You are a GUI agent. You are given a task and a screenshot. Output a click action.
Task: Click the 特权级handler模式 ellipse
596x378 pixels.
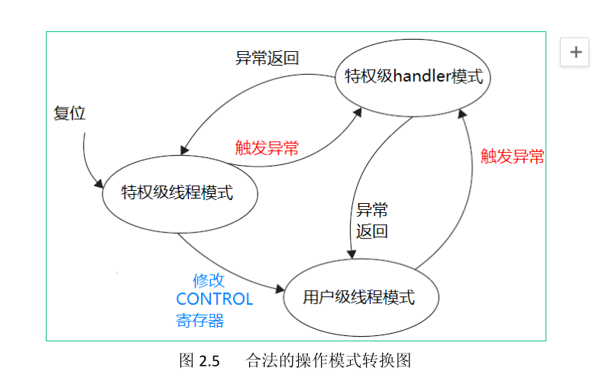coord(413,77)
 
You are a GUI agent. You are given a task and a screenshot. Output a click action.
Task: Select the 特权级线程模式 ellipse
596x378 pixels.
coord(178,192)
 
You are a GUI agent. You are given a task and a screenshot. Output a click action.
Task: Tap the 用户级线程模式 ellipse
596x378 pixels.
coord(361,298)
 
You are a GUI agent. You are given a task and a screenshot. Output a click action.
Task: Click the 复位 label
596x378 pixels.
coord(70,114)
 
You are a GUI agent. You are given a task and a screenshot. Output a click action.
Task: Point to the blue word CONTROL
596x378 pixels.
coord(214,299)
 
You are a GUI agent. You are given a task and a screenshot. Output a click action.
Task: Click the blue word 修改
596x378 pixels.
coord(209,280)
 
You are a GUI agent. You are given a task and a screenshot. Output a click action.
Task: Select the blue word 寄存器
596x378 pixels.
coord(200,320)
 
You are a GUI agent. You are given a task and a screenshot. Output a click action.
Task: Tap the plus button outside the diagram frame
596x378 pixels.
coord(575,52)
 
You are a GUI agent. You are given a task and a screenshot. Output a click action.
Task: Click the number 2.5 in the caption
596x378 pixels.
coord(209,360)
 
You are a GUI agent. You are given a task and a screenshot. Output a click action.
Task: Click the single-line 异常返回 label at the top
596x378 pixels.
coord(267,58)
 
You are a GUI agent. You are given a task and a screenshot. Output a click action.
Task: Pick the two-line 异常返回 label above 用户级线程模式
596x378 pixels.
coord(372,221)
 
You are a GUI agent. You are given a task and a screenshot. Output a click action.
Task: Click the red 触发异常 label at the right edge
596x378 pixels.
coord(512,157)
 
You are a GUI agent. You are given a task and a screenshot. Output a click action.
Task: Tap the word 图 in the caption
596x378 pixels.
coord(186,360)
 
